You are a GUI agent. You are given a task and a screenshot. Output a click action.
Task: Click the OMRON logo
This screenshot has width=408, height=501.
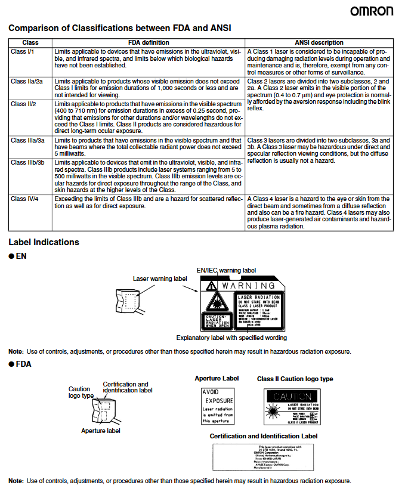tap(371, 11)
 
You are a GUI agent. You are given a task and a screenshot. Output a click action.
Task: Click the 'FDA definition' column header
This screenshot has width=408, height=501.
tap(149, 43)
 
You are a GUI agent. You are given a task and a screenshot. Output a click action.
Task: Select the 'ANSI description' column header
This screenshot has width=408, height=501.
tap(319, 43)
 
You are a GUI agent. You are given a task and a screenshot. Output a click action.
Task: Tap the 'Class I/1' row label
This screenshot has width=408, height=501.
tap(23, 52)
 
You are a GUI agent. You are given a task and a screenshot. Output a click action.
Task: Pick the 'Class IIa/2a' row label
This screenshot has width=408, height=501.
tap(27, 81)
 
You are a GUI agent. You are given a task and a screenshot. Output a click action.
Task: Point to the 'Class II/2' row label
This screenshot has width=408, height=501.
tap(24, 104)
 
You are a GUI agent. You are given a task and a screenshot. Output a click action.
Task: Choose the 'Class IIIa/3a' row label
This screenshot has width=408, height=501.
tap(28, 140)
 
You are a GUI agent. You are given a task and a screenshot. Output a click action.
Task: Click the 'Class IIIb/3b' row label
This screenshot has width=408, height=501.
tap(28, 162)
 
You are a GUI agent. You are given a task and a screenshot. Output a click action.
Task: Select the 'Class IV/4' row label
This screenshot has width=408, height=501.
tap(25, 198)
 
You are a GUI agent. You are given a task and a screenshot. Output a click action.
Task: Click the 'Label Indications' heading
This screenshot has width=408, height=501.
tap(44, 242)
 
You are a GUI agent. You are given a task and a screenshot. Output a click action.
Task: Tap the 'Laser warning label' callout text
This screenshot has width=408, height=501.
tap(160, 278)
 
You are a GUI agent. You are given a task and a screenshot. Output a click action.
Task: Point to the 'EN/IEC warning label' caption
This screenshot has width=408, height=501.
tap(226, 270)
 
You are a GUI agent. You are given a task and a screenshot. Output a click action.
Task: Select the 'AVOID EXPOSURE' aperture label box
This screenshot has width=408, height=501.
tap(218, 406)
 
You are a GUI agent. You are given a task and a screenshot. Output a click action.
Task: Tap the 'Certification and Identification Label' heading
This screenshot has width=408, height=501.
tap(263, 436)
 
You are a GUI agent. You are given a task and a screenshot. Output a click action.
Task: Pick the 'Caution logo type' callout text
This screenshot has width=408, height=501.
tap(81, 392)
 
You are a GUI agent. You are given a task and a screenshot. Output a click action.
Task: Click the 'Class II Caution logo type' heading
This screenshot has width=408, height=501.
tap(295, 379)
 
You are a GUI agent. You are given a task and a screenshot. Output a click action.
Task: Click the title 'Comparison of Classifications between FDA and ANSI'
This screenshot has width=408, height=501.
tap(119, 28)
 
